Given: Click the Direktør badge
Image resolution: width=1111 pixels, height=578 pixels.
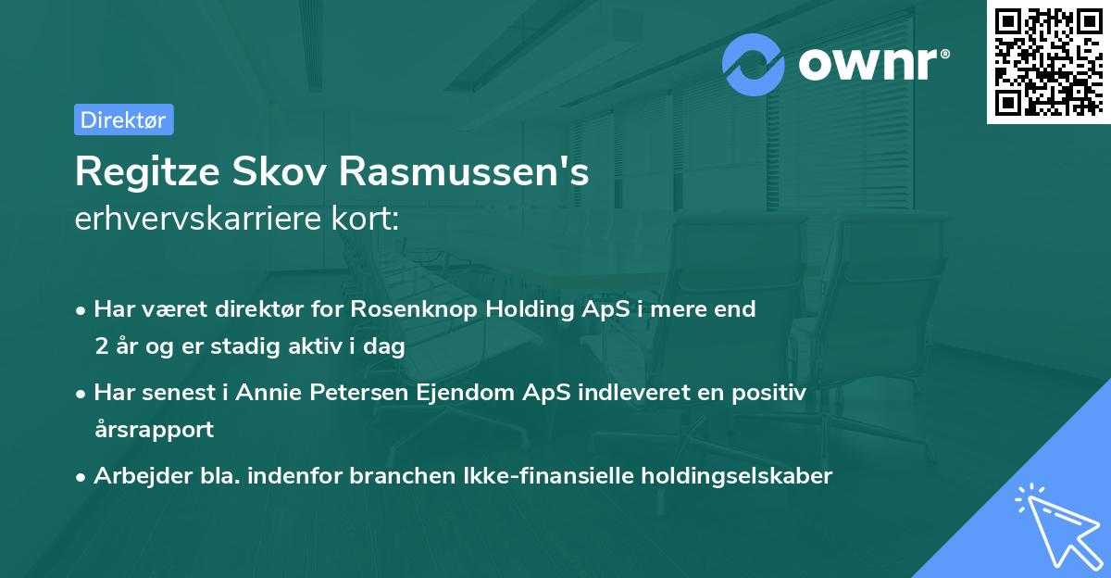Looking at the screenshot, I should [x=123, y=120].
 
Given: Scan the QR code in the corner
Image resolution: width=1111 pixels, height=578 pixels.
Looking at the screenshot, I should [x=1047, y=61].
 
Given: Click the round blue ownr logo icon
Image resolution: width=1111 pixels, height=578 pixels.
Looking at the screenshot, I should [x=754, y=64].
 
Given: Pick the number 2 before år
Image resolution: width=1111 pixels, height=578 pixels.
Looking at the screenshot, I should [x=101, y=347].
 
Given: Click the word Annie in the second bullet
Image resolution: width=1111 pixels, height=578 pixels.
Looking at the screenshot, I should [x=265, y=393].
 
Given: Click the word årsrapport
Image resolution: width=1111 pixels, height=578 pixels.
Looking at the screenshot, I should [x=153, y=430].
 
